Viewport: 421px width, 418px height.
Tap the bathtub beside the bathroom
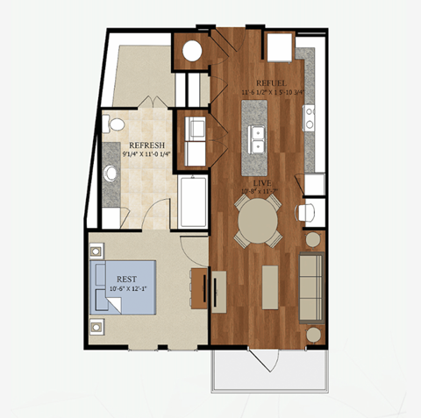(192, 201)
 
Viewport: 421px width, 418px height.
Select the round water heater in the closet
(192, 50)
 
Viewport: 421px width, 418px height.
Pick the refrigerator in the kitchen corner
(281, 46)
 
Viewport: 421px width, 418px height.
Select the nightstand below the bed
(96, 329)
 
